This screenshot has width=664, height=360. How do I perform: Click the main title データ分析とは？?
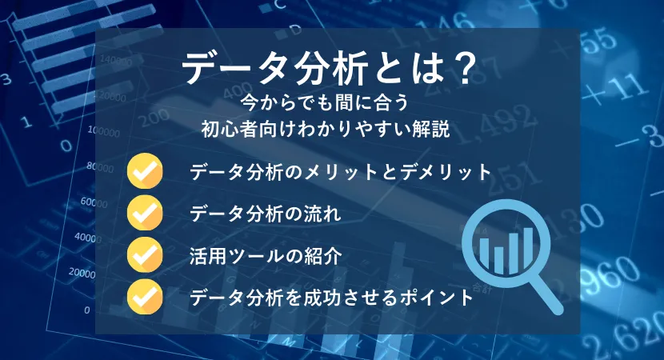(x=326, y=69)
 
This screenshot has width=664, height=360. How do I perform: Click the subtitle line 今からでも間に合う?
(x=325, y=103)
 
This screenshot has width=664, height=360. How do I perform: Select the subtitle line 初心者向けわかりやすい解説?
(x=326, y=129)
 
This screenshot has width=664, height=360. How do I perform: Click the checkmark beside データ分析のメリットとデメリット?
(x=145, y=170)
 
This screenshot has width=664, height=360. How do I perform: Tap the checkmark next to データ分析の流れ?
(x=145, y=213)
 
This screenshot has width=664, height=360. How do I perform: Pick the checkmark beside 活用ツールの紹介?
(x=145, y=254)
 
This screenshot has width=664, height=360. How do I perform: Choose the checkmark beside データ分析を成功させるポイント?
(x=145, y=297)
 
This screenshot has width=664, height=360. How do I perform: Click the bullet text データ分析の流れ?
(x=265, y=213)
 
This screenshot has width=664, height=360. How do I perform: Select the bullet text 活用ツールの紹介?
(x=266, y=256)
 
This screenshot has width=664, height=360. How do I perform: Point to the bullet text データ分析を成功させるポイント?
(x=331, y=298)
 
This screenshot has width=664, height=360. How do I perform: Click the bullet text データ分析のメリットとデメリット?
(x=340, y=172)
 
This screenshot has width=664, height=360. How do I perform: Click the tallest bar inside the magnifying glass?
(x=528, y=250)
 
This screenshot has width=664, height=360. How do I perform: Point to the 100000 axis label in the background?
(x=104, y=131)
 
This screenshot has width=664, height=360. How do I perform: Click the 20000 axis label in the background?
(x=82, y=272)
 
